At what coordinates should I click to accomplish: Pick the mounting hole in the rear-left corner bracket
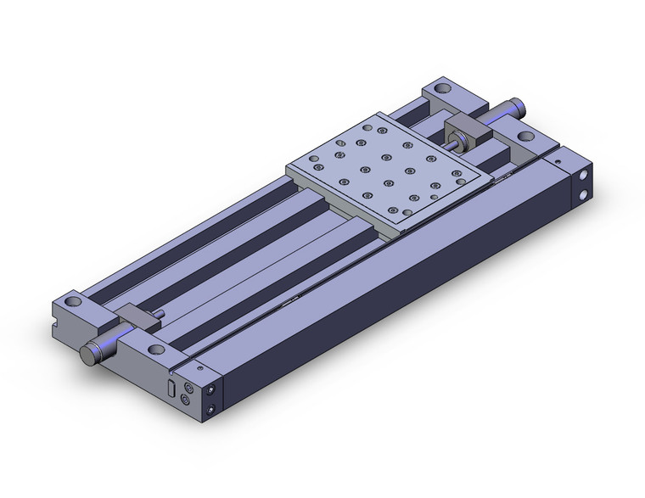pyautogui.click(x=442, y=87)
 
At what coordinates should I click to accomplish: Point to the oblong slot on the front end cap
pyautogui.click(x=173, y=389)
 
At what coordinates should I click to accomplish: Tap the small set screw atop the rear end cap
pyautogui.click(x=558, y=158)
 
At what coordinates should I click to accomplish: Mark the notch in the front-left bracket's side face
pyautogui.click(x=62, y=320)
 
